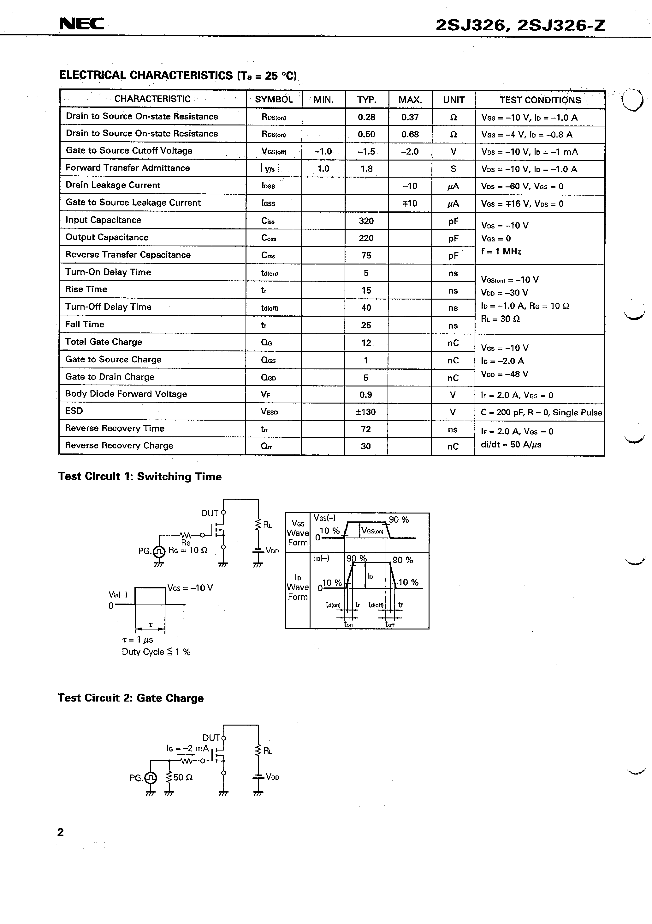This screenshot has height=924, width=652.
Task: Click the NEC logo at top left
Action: pos(82,24)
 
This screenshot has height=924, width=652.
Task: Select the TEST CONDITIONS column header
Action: pos(540,100)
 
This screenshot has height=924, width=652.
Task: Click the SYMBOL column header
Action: pos(274,100)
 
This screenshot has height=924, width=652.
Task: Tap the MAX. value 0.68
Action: pos(410,134)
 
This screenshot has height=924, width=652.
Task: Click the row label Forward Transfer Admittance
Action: pos(127,168)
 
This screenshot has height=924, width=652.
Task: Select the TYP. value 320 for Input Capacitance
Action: pos(366,221)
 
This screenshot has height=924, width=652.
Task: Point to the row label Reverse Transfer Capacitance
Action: pos(128,255)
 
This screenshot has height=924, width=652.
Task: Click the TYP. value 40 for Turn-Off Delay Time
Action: pos(366,308)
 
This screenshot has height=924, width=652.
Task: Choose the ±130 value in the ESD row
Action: pos(365,412)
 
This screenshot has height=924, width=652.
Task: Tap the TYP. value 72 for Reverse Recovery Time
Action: pos(366,429)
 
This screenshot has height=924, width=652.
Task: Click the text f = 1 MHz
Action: pos(501,252)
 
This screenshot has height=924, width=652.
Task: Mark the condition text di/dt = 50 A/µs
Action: pos(511,445)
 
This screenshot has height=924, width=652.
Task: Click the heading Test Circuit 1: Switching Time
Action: pos(139,477)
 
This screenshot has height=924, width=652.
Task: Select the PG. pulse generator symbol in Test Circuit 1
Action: pos(159,551)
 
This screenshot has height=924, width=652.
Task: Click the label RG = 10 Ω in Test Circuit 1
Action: pos(188,550)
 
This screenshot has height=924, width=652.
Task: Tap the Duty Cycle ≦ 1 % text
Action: pos(156,652)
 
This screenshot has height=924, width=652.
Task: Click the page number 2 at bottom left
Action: pos(61,832)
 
